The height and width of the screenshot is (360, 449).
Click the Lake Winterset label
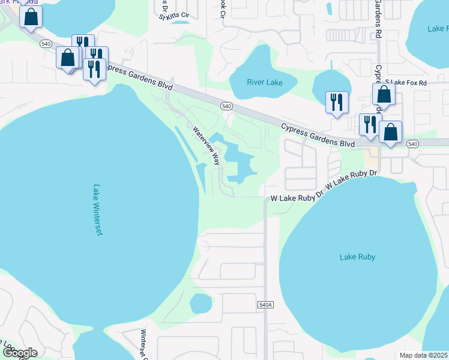(97, 209)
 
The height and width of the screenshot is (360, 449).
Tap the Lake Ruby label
(357, 257)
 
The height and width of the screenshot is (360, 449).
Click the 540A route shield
(266, 305)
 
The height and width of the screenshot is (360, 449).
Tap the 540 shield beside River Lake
(226, 106)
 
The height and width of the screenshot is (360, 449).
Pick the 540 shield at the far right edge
(412, 143)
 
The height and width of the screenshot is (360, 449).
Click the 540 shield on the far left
(46, 44)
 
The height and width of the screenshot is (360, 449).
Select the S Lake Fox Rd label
(406, 82)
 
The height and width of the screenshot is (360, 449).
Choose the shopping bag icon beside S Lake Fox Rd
(384, 94)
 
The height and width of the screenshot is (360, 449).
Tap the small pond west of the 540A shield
(201, 303)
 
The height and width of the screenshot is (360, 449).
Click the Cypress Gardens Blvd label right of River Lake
(318, 135)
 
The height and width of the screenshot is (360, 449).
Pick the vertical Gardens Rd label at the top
(378, 19)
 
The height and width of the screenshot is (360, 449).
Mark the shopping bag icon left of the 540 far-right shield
(390, 132)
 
